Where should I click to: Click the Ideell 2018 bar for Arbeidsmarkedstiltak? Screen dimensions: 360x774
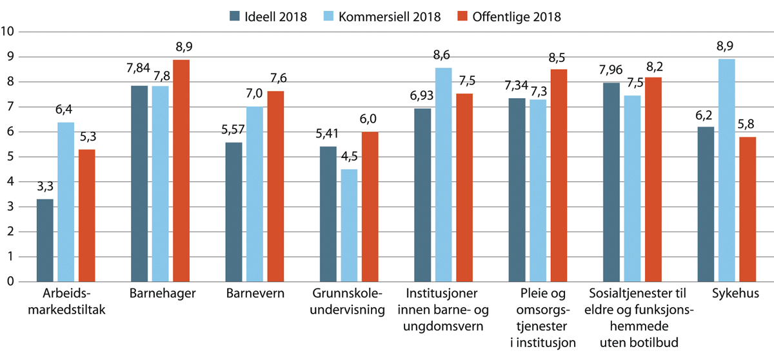(x=45, y=240)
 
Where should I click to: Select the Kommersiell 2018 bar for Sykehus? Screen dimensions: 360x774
(x=727, y=170)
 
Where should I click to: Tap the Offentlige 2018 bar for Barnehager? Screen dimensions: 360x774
(x=181, y=170)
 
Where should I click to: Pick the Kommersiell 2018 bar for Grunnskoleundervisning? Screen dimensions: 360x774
(x=350, y=225)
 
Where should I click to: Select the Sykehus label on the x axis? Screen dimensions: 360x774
(x=727, y=294)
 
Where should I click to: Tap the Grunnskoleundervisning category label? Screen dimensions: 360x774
(x=350, y=301)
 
